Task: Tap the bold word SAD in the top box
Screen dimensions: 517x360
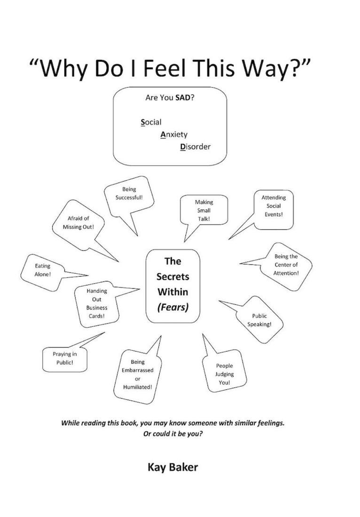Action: pyautogui.click(x=182, y=99)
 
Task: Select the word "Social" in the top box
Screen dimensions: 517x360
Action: pyautogui.click(x=151, y=123)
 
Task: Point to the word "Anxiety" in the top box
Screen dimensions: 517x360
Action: pyautogui.click(x=173, y=135)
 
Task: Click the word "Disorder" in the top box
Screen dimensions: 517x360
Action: pyautogui.click(x=195, y=147)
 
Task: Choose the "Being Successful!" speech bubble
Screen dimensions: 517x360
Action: pyautogui.click(x=129, y=193)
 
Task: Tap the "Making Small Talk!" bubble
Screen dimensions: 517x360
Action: pyautogui.click(x=204, y=210)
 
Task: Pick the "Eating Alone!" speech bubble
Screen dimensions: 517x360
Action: pyautogui.click(x=42, y=270)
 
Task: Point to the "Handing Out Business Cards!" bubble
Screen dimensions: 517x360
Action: pyautogui.click(x=96, y=303)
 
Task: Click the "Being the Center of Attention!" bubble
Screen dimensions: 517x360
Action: pyautogui.click(x=286, y=265)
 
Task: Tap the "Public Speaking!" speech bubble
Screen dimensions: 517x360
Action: pyautogui.click(x=259, y=320)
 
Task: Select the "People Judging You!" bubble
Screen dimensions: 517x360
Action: pyautogui.click(x=224, y=374)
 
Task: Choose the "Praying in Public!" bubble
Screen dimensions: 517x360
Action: pyautogui.click(x=64, y=359)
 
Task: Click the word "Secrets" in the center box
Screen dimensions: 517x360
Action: pyautogui.click(x=172, y=277)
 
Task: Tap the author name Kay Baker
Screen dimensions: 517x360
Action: pyautogui.click(x=172, y=467)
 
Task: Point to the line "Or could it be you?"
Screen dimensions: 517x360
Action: pyautogui.click(x=172, y=433)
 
